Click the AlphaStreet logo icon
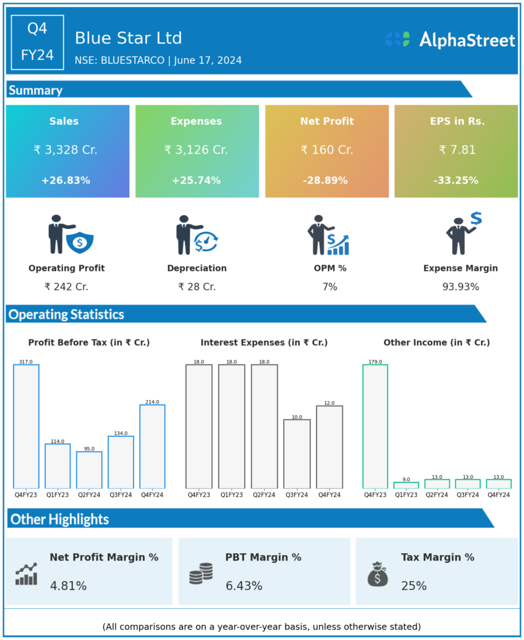397,39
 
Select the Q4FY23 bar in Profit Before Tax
26,426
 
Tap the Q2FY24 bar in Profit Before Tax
89,469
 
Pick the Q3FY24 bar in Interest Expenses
297,454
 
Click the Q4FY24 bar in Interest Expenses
329,447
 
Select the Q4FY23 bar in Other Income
375,426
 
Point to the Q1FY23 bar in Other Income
406,485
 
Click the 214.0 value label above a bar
152,402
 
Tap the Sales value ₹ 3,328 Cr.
66,150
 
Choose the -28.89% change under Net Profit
327,181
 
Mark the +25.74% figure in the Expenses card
196,181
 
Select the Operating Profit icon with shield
71,235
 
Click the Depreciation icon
196,235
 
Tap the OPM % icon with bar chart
329,236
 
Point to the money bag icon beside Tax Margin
377,574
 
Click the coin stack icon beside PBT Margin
200,573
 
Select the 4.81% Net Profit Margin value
68,586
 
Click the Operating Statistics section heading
66,314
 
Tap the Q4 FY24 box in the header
37,42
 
